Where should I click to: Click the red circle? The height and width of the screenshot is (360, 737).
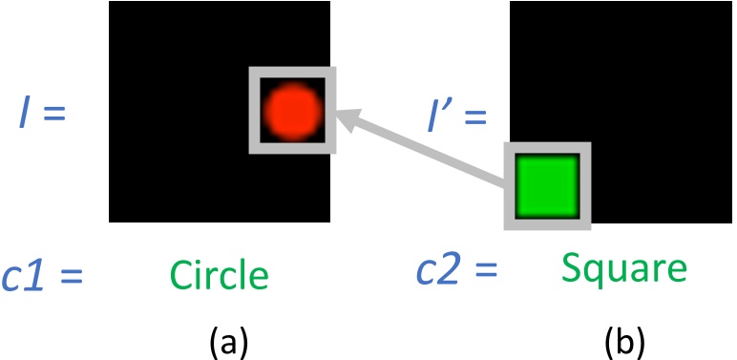290,108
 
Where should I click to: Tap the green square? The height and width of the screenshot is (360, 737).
547,186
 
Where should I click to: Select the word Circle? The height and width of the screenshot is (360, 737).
220,275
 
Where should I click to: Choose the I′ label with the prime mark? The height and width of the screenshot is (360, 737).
443,117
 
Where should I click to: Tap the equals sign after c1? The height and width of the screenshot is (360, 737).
69,277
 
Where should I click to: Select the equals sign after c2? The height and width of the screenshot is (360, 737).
486,270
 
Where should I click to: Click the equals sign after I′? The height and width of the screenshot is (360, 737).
474,118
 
